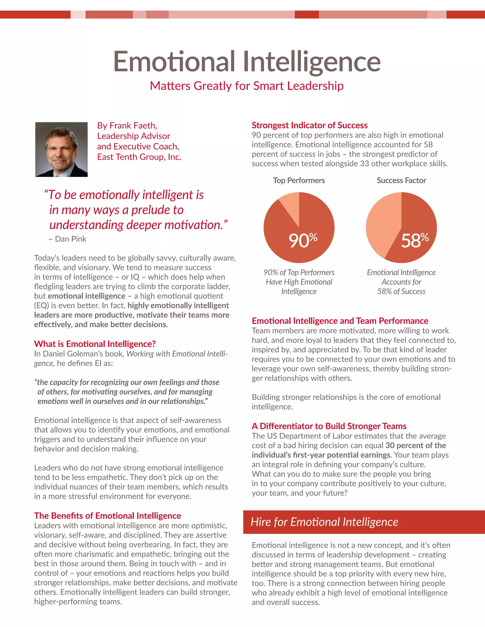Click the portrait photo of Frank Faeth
tap(61, 149)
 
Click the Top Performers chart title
tap(299, 180)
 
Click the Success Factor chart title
tap(401, 180)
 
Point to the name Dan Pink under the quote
tap(70, 239)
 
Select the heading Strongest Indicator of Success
tap(310, 125)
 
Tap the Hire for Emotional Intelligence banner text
tap(324, 522)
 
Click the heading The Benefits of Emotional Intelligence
tap(108, 516)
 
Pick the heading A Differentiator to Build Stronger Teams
tap(329, 426)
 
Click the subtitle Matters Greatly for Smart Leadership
tap(247, 86)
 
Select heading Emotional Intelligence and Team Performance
tap(340, 321)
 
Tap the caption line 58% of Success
tap(401, 291)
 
